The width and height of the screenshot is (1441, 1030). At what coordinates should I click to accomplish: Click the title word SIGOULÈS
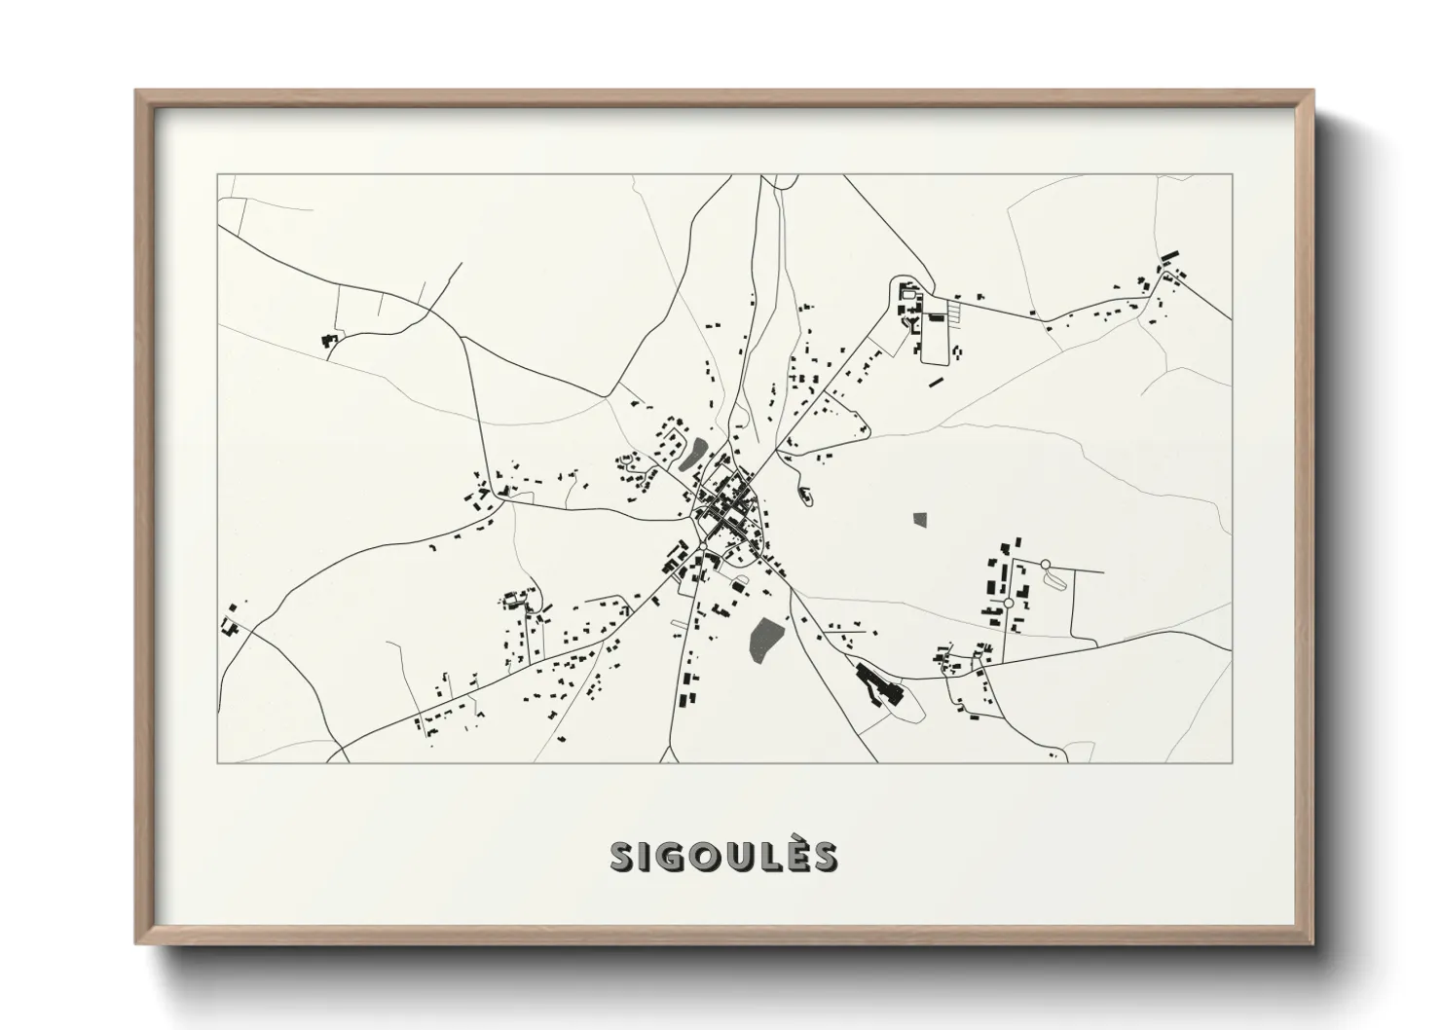722,857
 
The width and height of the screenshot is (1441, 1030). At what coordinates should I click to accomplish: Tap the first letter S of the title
622,857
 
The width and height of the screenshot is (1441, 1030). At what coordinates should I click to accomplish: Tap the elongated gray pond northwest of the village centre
695,453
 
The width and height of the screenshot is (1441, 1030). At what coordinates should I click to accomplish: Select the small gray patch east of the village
921,519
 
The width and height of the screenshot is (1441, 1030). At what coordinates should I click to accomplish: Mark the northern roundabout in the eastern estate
1046,565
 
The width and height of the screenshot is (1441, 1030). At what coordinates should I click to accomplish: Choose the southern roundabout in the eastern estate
1009,604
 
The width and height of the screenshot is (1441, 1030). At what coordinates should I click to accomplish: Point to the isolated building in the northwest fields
327,340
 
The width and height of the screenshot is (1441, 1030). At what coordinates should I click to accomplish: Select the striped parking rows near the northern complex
959,311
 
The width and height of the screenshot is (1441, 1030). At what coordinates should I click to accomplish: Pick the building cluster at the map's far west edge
231,622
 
